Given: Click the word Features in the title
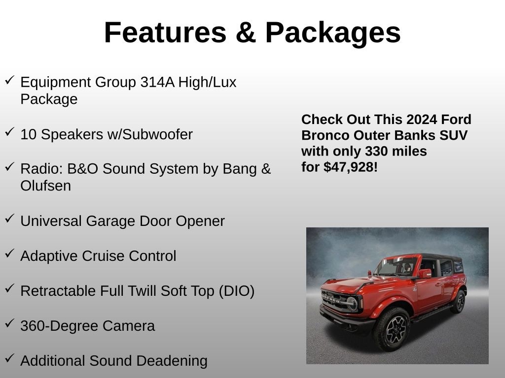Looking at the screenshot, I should click(x=165, y=32).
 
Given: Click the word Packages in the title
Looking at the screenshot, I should click(x=333, y=32).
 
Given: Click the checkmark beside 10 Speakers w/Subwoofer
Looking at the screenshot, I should click(x=9, y=131).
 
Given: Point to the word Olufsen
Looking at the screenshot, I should click(x=45, y=186).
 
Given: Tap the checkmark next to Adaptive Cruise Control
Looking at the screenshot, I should click(x=9, y=253).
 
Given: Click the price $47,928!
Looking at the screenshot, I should click(x=351, y=167).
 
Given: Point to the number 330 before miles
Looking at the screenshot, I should click(x=375, y=151).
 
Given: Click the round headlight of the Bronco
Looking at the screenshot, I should click(x=352, y=303).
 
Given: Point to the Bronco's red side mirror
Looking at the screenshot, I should click(x=424, y=273).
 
